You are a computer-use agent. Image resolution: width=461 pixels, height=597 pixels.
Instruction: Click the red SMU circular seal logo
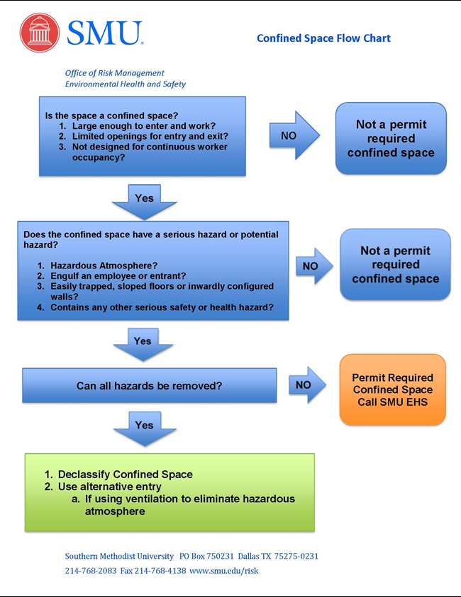pyautogui.click(x=40, y=33)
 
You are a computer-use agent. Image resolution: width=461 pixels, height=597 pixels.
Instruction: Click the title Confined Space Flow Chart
pyautogui.click(x=323, y=38)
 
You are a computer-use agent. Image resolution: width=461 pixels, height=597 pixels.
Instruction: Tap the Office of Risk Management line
pyautogui.click(x=114, y=73)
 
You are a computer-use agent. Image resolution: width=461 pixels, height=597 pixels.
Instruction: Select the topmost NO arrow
pyautogui.click(x=294, y=135)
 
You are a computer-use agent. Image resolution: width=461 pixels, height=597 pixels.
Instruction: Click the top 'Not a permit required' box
pyautogui.click(x=391, y=139)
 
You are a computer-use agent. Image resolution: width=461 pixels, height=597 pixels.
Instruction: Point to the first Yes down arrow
pyautogui.click(x=144, y=200)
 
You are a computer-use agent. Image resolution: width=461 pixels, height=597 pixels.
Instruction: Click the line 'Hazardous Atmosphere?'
pyautogui.click(x=104, y=265)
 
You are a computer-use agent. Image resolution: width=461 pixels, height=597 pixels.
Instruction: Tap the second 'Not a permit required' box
pyautogui.click(x=395, y=265)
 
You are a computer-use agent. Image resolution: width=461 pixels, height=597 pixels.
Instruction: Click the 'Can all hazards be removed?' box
pyautogui.click(x=149, y=386)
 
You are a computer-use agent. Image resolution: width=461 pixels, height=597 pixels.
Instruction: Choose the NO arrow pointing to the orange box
pyautogui.click(x=306, y=385)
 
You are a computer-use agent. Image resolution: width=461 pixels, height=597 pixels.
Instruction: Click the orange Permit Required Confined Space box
pyautogui.click(x=392, y=390)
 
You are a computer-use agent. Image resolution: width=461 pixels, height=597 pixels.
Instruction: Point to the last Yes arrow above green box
pyautogui.click(x=144, y=426)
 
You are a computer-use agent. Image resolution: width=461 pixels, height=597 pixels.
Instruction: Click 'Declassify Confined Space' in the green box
pyautogui.click(x=125, y=474)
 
